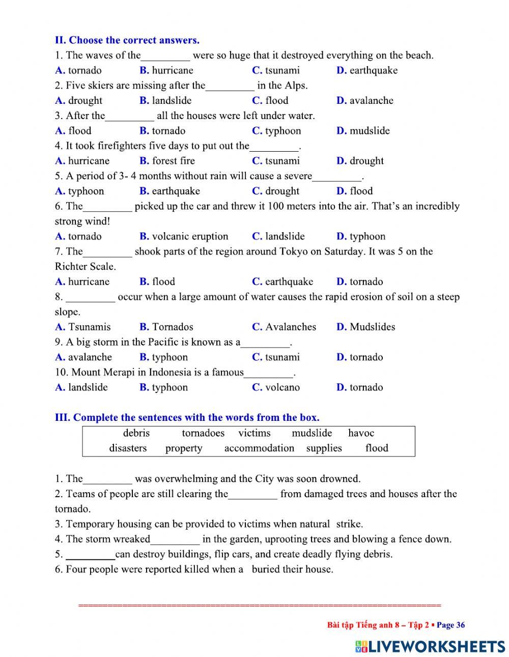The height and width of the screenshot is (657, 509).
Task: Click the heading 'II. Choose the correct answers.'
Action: (127, 40)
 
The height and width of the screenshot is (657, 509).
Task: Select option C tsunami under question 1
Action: (276, 70)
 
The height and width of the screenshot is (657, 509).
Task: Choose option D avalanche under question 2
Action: (364, 100)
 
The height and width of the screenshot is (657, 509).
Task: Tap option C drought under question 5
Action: (276, 191)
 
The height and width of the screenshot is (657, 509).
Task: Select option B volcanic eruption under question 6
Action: (184, 236)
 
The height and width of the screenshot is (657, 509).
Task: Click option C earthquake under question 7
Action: (282, 281)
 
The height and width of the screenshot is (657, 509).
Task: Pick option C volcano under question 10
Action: (276, 387)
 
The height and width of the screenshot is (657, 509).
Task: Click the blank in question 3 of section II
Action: (129, 117)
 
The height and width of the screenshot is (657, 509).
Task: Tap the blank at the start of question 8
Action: (90, 298)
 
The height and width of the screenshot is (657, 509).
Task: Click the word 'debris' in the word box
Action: (136, 433)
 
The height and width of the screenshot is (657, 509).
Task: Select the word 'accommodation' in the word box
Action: (259, 448)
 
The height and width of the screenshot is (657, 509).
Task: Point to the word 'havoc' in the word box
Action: (361, 433)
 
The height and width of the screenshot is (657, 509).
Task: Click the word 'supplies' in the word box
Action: (324, 448)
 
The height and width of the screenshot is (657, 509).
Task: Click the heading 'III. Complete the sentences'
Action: (187, 418)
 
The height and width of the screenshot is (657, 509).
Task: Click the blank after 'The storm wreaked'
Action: (175, 540)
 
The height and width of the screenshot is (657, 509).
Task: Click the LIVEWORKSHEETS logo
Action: (430, 646)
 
